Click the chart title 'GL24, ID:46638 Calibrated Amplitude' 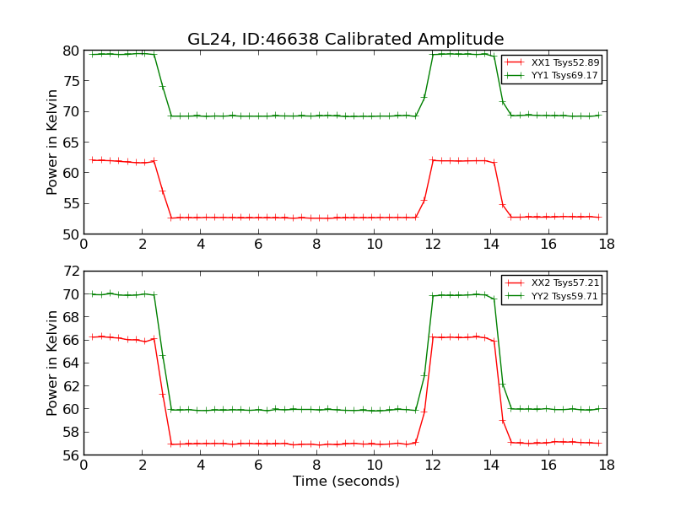(x=345, y=40)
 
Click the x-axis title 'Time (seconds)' (x=346, y=482)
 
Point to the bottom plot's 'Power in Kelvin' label (x=53, y=363)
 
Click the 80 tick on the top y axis (x=70, y=51)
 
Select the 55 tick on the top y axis (x=70, y=203)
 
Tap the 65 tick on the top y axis (x=70, y=143)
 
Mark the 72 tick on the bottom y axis (x=70, y=272)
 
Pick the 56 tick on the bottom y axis (x=70, y=455)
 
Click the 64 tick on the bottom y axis (x=70, y=363)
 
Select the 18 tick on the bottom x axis (x=606, y=466)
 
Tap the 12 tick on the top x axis (x=432, y=245)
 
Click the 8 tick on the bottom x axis (x=316, y=466)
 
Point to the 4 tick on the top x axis (x=200, y=245)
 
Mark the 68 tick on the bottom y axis (x=70, y=318)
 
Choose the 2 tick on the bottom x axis (x=142, y=466)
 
